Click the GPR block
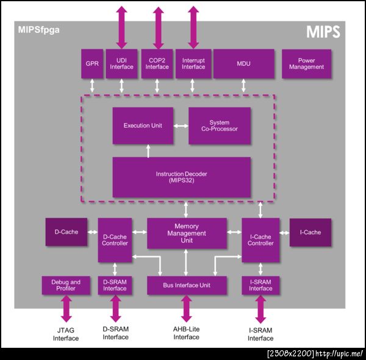click(92, 63)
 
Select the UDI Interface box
click(121, 63)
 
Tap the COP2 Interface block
click(157, 63)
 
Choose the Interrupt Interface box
click(193, 63)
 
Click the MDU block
click(243, 63)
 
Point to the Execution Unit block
click(143, 126)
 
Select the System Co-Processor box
click(220, 126)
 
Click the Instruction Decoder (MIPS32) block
click(181, 177)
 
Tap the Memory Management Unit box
click(186, 233)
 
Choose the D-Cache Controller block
click(115, 240)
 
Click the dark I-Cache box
click(310, 232)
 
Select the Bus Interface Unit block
click(187, 285)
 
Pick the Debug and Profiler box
click(66, 285)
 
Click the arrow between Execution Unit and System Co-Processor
click(181, 126)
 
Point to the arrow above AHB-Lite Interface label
click(187, 309)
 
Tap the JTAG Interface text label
click(65, 334)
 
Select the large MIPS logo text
click(322, 32)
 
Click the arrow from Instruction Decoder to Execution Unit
click(148, 151)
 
